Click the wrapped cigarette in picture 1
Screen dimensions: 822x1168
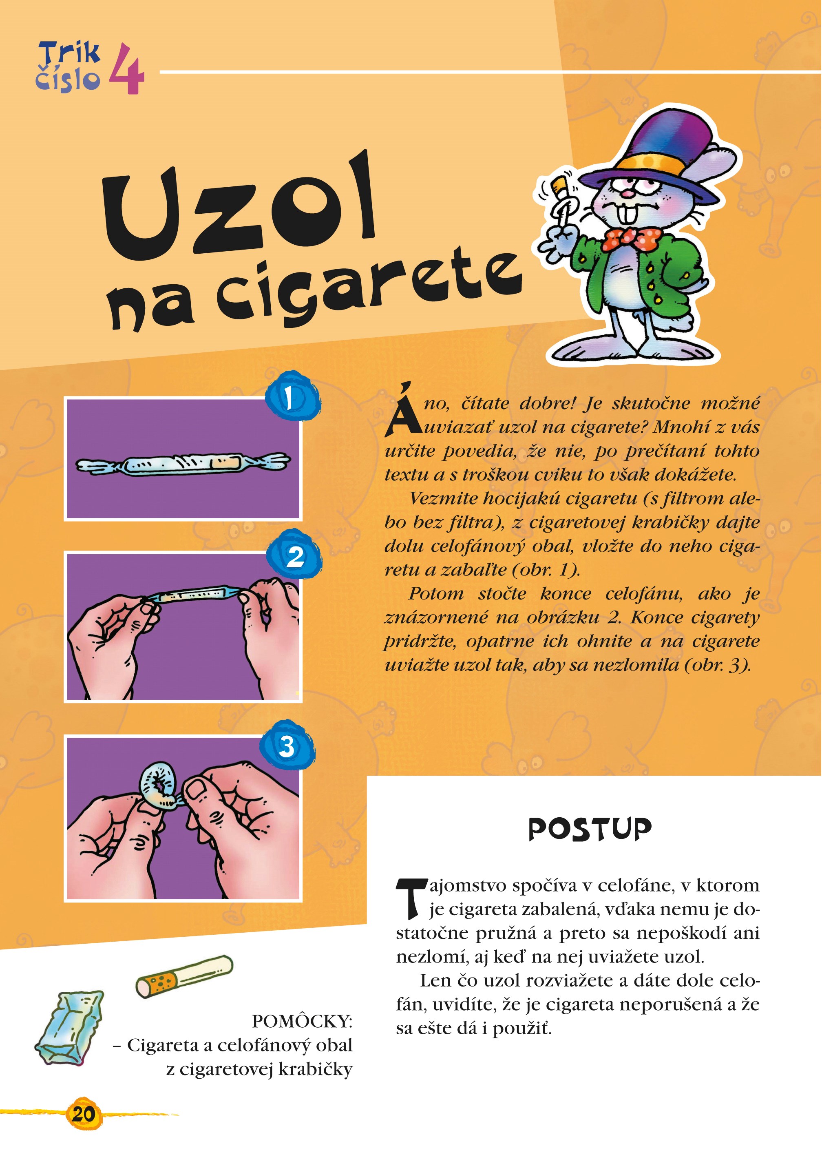(183, 463)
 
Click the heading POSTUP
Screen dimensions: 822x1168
(590, 830)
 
